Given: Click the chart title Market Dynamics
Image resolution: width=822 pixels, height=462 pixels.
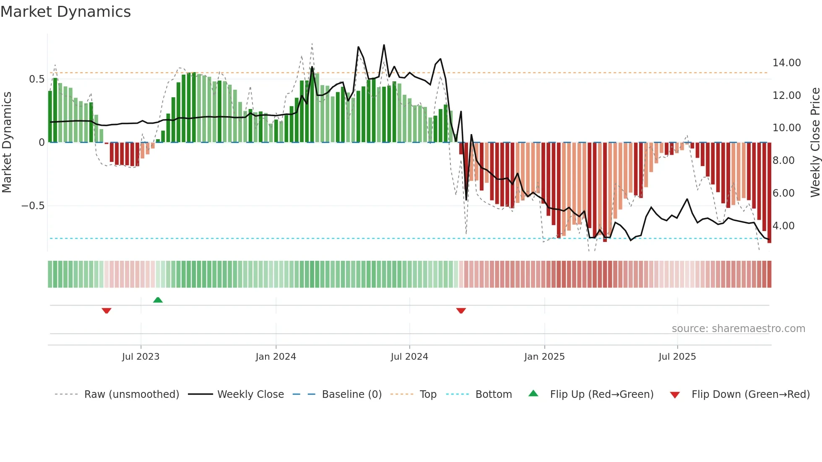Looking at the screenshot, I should point(65,12).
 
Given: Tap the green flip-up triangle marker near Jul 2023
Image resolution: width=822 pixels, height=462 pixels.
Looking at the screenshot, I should point(158,300).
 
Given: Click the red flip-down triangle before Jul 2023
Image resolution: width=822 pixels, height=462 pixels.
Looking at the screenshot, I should point(107,311).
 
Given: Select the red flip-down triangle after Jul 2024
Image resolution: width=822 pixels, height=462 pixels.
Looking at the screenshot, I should point(461,311).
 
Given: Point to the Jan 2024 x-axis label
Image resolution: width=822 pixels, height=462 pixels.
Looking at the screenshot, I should point(276,357).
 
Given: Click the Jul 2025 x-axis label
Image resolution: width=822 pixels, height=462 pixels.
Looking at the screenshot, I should point(677,357).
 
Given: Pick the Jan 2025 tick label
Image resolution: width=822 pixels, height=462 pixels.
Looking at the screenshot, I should point(544,357).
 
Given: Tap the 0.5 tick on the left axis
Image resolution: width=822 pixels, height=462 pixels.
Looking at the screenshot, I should point(36,79).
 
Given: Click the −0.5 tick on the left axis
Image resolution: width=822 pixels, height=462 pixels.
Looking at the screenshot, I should point(33,206).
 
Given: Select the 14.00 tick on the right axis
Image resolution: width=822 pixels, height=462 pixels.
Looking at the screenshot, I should point(786,63).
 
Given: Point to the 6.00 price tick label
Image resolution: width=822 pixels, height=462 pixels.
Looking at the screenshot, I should point(783,193).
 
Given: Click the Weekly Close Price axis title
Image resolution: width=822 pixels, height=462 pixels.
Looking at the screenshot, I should point(815,143).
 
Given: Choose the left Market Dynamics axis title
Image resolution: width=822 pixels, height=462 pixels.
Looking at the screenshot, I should point(7,143).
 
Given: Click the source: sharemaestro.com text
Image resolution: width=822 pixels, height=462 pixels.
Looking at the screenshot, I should point(738,329).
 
